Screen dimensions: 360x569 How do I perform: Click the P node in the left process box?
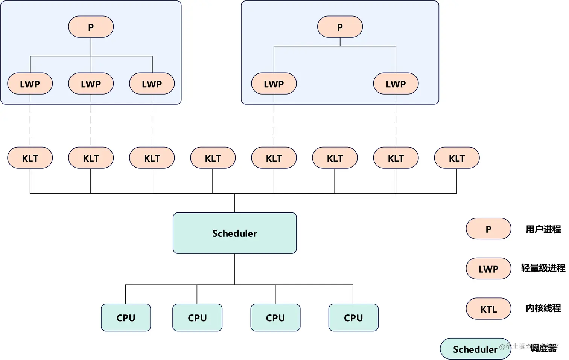(x=91, y=27)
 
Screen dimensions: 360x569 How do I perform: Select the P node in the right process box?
(x=340, y=27)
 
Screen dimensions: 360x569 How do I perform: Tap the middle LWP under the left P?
(x=91, y=84)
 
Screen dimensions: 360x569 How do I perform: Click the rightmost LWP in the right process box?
(x=396, y=84)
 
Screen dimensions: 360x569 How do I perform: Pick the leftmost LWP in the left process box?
(x=30, y=84)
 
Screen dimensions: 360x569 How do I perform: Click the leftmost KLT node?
(x=30, y=158)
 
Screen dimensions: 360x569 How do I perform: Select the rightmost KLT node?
(x=456, y=158)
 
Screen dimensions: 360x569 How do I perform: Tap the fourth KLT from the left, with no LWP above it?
(x=213, y=158)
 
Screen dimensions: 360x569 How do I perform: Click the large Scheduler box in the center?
(x=234, y=233)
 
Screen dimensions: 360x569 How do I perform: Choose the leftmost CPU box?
(x=126, y=317)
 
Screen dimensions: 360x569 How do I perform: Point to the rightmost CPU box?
(x=353, y=317)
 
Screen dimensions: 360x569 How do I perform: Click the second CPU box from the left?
(x=197, y=317)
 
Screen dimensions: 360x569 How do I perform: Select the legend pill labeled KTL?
(x=488, y=309)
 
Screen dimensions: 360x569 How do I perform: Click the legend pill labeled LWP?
(x=488, y=268)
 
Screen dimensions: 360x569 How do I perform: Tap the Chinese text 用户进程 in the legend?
(x=543, y=229)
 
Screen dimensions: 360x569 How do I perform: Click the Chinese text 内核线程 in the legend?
(x=543, y=308)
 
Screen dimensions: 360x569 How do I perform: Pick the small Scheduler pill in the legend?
(x=475, y=349)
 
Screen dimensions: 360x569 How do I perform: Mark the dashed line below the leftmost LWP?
(x=30, y=121)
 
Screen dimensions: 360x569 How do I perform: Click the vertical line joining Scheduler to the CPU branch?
(x=234, y=269)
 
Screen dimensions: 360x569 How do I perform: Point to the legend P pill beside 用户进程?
(x=488, y=229)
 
